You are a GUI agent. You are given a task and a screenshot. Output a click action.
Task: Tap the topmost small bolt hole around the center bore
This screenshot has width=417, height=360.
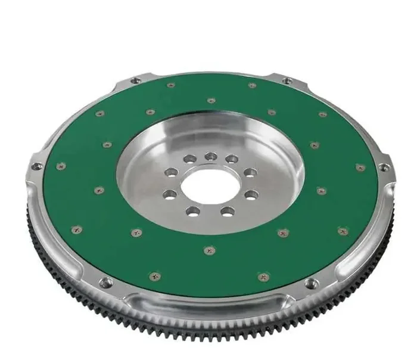point(209,156)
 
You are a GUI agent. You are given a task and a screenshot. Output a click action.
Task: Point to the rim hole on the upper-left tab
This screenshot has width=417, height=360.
point(136,80)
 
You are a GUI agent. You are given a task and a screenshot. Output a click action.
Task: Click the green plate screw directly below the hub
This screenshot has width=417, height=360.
point(208,251)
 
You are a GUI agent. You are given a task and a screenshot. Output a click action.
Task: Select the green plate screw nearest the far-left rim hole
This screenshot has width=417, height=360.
point(60,167)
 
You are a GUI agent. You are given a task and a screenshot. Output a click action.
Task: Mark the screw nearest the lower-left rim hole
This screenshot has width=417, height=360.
point(154,276)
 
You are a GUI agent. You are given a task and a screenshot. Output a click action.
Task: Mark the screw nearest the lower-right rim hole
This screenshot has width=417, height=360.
point(263,275)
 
